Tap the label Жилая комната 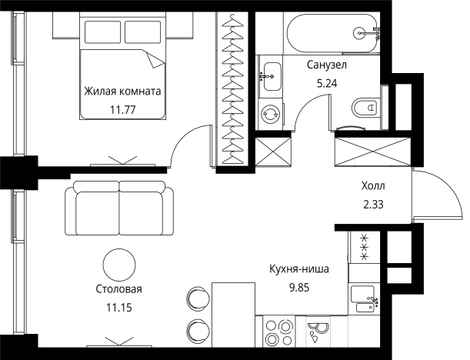click(123, 91)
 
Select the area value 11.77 click(123, 108)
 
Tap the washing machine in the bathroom click(271, 114)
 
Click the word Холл click(373, 185)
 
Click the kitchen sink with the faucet click(366, 298)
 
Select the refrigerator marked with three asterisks click(362, 246)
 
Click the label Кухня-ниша click(299, 269)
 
